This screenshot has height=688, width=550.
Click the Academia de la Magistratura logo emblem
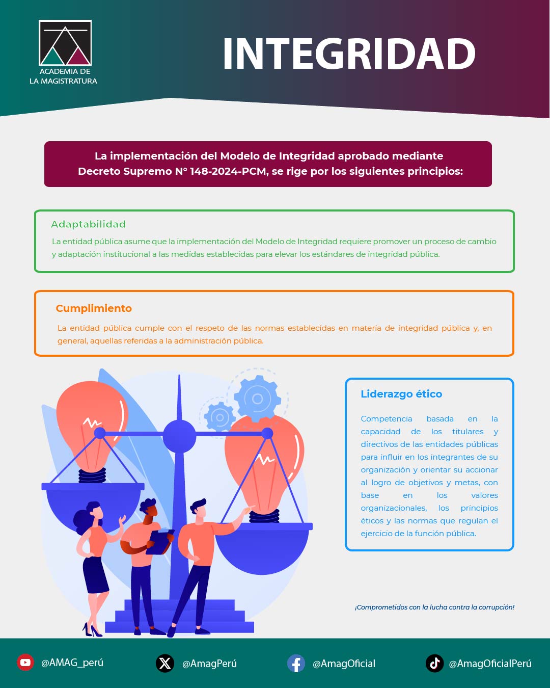(x=65, y=43)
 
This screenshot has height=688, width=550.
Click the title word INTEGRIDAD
(x=349, y=54)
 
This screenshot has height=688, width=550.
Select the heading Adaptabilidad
(x=88, y=224)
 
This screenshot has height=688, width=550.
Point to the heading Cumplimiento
(x=94, y=308)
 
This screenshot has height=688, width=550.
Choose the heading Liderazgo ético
(x=401, y=394)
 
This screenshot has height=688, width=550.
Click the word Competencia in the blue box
(x=387, y=419)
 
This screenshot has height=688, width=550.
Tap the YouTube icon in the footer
(x=25, y=663)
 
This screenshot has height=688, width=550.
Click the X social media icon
(x=165, y=663)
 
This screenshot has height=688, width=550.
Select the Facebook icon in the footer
(x=296, y=663)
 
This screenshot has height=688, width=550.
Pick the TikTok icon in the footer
(x=434, y=663)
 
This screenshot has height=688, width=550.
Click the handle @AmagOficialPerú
(x=490, y=664)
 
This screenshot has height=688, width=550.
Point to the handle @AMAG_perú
(x=72, y=663)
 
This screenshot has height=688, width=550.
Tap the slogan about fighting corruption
(x=434, y=607)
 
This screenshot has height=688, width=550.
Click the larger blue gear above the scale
(x=257, y=399)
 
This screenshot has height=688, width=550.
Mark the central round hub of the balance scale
(x=179, y=436)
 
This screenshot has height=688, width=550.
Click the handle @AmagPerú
(x=209, y=664)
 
